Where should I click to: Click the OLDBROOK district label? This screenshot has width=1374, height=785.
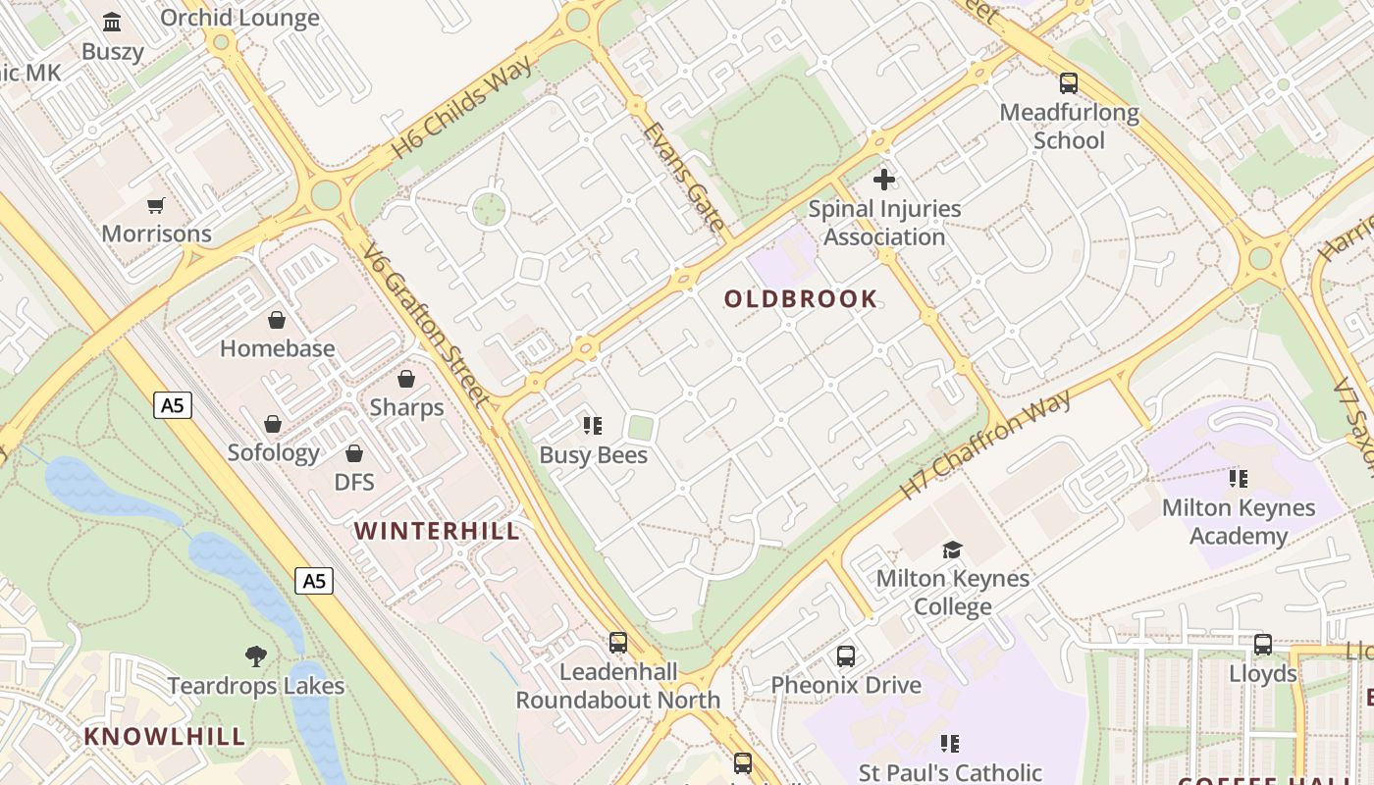coord(801,299)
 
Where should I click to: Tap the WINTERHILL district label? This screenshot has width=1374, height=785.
coord(437,531)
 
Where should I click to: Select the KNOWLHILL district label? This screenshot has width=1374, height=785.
coord(165,736)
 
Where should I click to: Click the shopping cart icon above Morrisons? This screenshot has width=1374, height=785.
coord(156,205)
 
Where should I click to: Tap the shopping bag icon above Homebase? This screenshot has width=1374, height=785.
coord(277,320)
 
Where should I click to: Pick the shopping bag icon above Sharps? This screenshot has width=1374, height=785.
coord(406,379)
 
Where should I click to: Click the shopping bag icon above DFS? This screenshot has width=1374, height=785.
coord(354,453)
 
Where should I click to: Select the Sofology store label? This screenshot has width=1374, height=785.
coord(274,452)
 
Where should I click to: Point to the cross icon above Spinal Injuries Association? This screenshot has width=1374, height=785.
coord(884,180)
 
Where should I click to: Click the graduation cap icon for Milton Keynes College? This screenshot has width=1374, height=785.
coord(952,549)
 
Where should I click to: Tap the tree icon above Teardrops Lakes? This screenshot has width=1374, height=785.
coord(256,655)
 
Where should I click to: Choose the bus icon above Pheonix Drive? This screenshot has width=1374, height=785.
coord(846,655)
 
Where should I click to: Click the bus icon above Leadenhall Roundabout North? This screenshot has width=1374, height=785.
coord(618,643)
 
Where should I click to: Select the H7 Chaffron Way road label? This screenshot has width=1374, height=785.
coord(985,445)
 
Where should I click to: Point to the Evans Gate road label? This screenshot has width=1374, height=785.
coord(683,177)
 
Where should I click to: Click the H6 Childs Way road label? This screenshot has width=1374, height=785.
coord(463,107)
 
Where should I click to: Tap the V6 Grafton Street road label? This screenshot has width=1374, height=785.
coord(425,324)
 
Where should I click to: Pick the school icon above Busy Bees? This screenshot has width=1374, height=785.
coord(593,426)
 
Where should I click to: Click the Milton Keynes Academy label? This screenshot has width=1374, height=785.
coord(1239,522)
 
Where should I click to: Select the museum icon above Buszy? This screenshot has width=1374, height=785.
coord(113,22)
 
